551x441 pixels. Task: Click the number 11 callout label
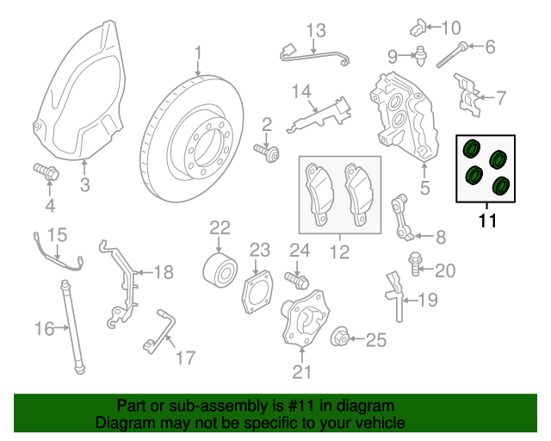487,221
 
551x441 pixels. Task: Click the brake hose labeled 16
71,328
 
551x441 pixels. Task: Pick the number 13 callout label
316,33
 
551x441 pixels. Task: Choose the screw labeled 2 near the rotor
266,152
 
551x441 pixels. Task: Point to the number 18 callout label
163,272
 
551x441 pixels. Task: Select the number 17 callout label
185,357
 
